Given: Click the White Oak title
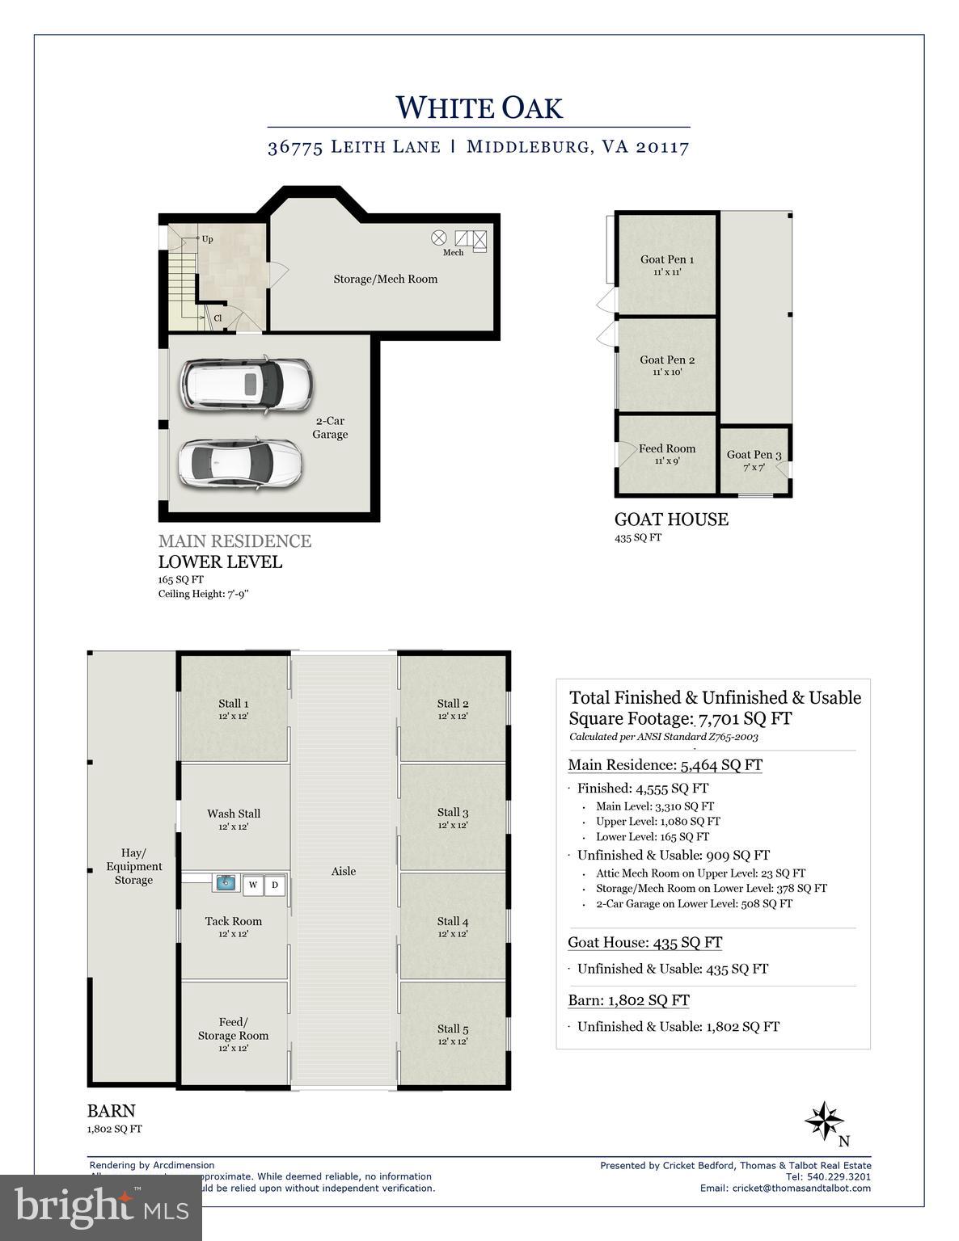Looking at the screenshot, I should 479,107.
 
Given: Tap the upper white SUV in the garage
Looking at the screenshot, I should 246,384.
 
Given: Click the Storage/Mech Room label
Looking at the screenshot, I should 385,279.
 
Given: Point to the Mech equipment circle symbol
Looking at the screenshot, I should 439,238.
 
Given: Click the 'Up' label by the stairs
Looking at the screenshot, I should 207,239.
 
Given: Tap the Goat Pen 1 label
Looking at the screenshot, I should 666,259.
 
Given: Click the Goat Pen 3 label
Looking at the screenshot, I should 754,455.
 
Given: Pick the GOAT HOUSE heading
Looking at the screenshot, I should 671,520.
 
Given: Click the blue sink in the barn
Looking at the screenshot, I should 225,884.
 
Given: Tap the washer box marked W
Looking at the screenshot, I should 253,885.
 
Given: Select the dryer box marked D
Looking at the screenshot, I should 275,885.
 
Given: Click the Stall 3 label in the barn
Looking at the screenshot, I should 453,812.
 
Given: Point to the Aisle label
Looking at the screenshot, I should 343,871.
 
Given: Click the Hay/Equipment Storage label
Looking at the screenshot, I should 133,866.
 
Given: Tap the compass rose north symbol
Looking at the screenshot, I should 824,1121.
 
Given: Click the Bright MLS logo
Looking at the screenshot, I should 101,1207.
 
